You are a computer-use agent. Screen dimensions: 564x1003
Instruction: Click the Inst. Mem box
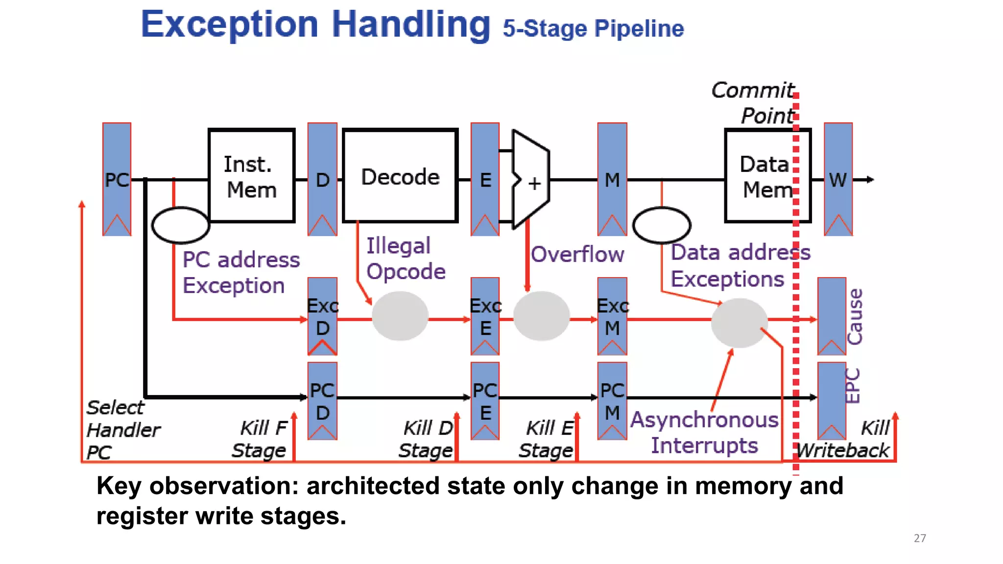coord(251,176)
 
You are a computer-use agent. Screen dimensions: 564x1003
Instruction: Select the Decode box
coord(400,176)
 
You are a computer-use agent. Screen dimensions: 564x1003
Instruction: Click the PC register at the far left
coord(117,179)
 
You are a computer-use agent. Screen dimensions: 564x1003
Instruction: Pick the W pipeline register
coord(838,179)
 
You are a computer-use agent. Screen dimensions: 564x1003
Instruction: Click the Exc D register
coord(322,316)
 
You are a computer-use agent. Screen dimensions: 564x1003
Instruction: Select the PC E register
coord(485,401)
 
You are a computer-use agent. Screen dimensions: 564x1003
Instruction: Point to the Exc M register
coord(612,316)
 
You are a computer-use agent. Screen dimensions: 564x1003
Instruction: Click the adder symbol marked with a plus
coord(531,180)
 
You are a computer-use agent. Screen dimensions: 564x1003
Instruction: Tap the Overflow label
coord(577,255)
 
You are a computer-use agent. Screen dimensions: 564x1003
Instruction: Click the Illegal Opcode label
coord(406,258)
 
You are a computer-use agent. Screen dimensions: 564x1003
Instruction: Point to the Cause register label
coord(855,317)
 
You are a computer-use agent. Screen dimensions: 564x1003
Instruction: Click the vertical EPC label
coord(853,386)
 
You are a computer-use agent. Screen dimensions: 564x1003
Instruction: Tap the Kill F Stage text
coord(260,439)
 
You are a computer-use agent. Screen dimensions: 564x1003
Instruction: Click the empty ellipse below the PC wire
coord(181,225)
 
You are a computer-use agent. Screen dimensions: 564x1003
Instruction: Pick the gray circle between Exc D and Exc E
coord(400,316)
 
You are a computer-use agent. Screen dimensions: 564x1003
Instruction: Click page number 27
coord(920,538)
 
